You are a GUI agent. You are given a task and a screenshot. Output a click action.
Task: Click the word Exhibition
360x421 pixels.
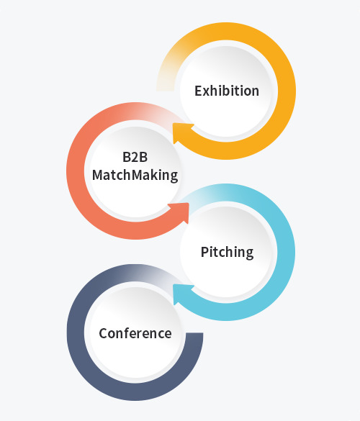(x=227, y=91)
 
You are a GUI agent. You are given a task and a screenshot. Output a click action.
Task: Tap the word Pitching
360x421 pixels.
(x=227, y=252)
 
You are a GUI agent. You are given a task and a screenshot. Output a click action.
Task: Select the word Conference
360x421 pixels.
(x=135, y=333)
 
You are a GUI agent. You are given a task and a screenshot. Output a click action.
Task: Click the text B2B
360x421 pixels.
(x=135, y=157)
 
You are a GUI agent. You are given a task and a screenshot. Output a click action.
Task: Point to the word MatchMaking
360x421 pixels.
(x=135, y=175)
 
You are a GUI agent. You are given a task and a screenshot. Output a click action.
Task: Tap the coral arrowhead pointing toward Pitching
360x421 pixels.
(x=181, y=212)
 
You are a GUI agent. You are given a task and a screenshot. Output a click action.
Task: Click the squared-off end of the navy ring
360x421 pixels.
(x=194, y=334)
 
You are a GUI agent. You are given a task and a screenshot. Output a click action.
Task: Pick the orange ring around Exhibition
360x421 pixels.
(x=287, y=91)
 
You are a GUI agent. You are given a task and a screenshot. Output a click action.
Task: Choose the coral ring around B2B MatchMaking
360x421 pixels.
(x=76, y=171)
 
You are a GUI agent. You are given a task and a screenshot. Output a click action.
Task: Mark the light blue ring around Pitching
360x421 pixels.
(x=286, y=253)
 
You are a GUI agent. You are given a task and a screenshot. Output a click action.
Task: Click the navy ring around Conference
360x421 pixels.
(x=76, y=333)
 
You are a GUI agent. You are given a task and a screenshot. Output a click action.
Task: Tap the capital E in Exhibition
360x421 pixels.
(x=198, y=91)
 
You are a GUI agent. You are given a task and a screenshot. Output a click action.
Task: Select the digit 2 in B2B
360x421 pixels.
(x=135, y=157)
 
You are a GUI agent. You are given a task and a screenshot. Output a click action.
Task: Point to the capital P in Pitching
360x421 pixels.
(x=204, y=252)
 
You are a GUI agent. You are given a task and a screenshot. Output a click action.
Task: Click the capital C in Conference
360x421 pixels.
(x=104, y=333)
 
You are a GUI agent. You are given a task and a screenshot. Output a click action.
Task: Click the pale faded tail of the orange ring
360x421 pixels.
(x=166, y=78)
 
